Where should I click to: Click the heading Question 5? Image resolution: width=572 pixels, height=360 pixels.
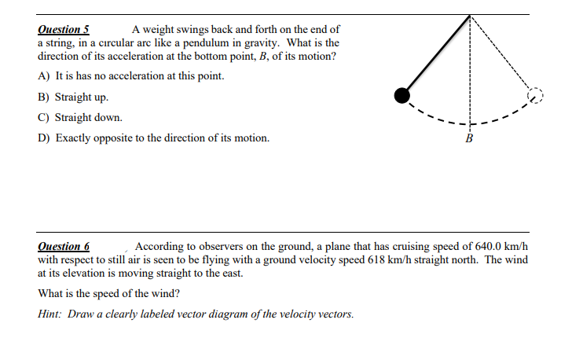[63, 29]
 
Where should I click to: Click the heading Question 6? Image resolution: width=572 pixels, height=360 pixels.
[64, 246]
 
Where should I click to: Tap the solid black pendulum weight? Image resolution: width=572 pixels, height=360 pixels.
[402, 95]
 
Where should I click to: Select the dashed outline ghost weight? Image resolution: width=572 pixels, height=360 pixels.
[535, 95]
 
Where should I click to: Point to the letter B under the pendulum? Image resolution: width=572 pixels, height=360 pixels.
[470, 139]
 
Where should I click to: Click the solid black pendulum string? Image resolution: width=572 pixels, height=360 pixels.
[436, 55]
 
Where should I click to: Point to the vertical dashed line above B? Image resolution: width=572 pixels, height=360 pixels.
[470, 71]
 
